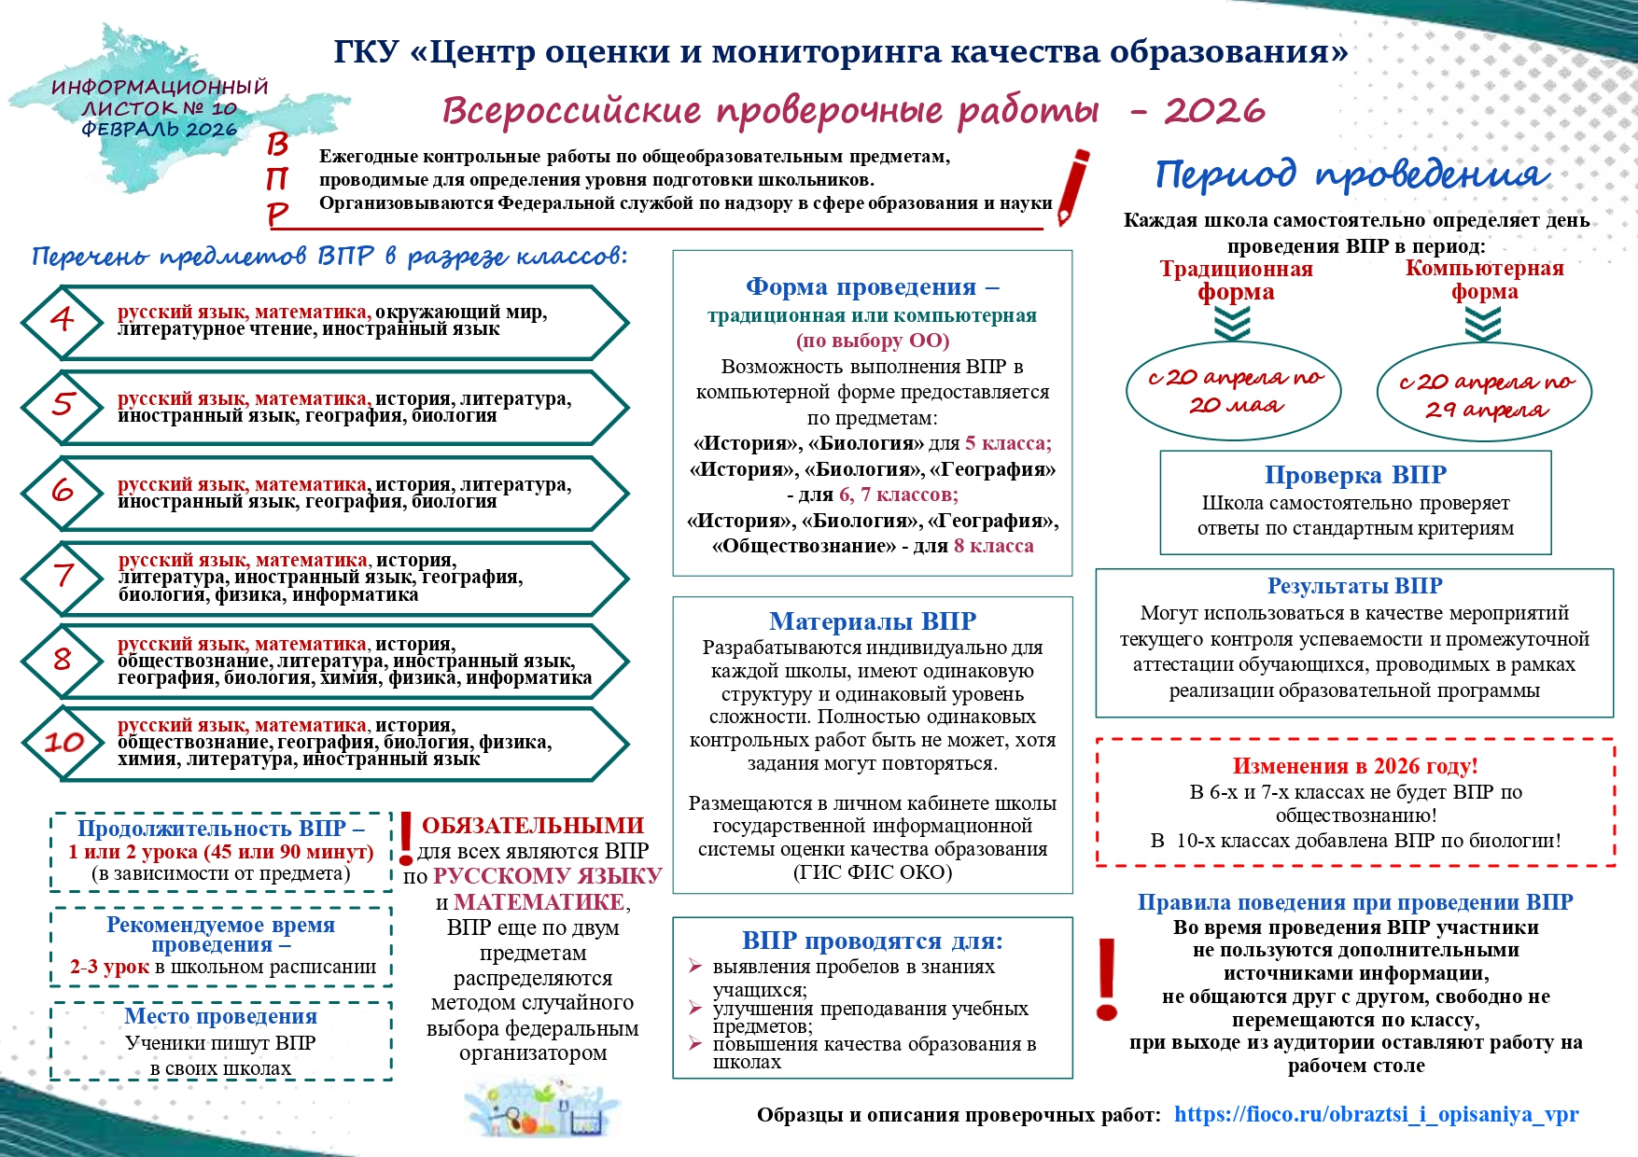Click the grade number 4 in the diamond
click(62, 320)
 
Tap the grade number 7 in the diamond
click(63, 576)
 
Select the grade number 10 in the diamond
click(63, 743)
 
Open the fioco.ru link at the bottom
click(1376, 1114)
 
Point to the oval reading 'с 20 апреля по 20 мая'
click(1234, 391)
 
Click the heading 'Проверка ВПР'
click(1355, 475)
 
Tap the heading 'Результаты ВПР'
click(1354, 586)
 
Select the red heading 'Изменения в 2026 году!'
click(1355, 766)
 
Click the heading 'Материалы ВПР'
click(873, 621)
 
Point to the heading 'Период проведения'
click(1352, 174)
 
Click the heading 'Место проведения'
click(221, 1016)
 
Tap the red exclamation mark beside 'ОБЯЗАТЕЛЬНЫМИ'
click(406, 838)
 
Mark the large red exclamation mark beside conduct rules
click(1107, 980)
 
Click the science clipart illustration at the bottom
click(541, 1108)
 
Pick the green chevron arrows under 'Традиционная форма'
click(1233, 323)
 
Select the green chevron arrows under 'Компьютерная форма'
click(1483, 324)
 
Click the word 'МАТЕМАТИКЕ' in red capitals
click(539, 902)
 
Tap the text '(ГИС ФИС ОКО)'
click(873, 872)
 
